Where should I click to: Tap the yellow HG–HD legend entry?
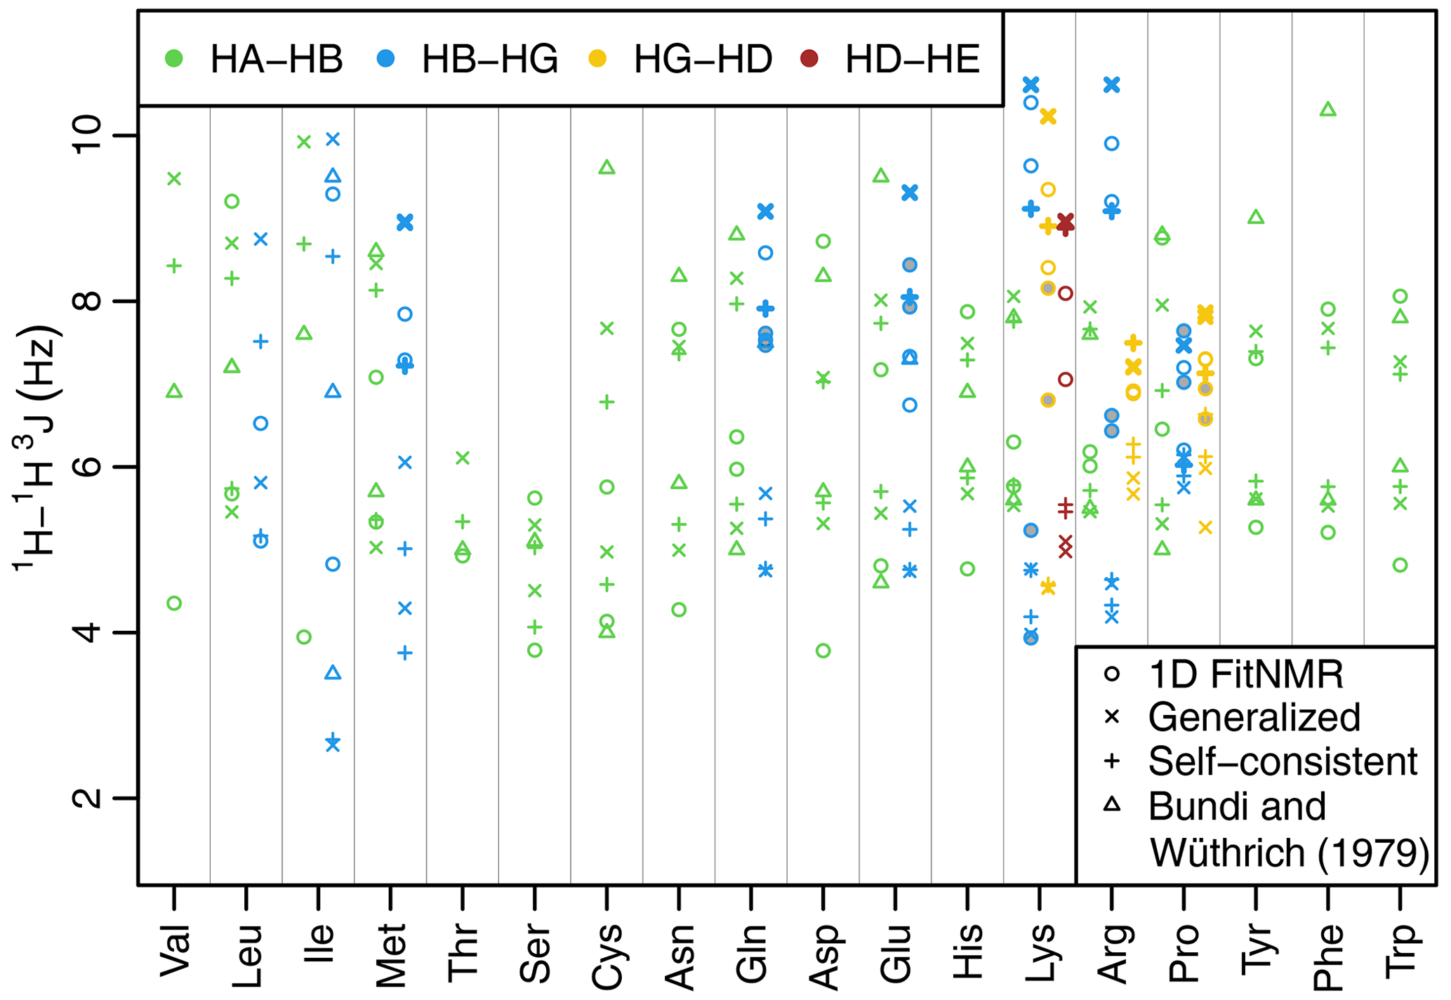(x=681, y=59)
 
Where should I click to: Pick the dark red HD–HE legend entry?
(x=891, y=59)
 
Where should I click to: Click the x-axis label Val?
(x=175, y=951)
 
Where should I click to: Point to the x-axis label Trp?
(x=1400, y=951)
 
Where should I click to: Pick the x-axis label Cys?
(x=607, y=956)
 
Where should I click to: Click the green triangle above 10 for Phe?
(x=1327, y=109)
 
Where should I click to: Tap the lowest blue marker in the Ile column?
(x=333, y=743)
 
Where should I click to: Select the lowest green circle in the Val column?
(x=174, y=603)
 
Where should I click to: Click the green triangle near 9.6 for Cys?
(x=607, y=167)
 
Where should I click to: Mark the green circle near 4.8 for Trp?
(x=1400, y=565)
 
